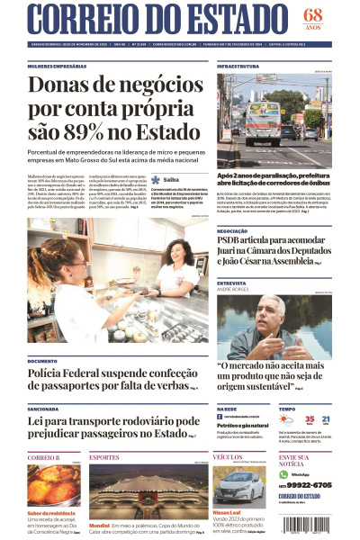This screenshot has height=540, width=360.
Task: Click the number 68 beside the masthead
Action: pyautogui.click(x=312, y=14)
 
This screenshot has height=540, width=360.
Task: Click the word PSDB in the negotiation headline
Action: pyautogui.click(x=232, y=241)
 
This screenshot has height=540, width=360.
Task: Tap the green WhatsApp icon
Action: pyautogui.click(x=283, y=474)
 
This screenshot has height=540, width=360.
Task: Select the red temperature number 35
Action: pyautogui.click(x=309, y=419)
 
